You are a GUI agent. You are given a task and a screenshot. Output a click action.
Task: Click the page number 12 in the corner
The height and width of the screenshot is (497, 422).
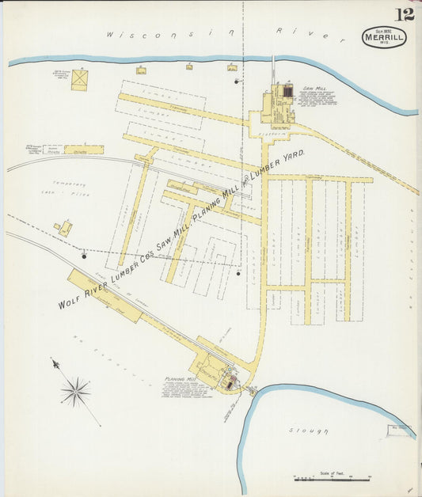[x=405, y=13]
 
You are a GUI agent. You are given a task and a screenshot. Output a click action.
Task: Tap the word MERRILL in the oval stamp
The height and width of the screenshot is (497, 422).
[x=385, y=36]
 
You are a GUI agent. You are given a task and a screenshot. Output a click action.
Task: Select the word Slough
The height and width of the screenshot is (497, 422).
[x=308, y=431]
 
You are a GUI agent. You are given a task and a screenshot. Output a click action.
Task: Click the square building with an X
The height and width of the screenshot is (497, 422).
[x=79, y=79]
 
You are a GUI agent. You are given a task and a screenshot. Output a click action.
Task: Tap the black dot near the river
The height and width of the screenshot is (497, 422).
[x=236, y=81]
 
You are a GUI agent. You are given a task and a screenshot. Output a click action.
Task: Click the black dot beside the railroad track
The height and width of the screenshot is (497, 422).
[x=84, y=256]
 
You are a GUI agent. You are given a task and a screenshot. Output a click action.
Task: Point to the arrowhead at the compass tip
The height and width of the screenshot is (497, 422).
[x=55, y=363]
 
